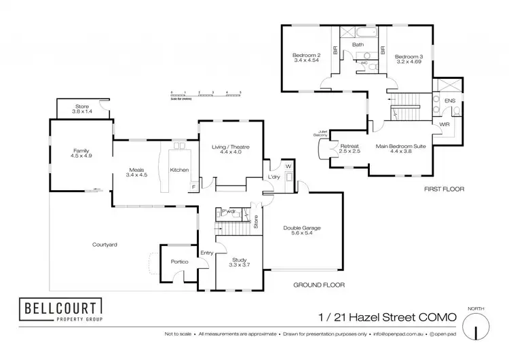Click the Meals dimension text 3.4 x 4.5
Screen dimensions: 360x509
[136, 175]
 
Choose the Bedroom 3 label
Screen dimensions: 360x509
[409, 56]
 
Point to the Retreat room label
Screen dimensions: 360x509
[350, 146]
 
